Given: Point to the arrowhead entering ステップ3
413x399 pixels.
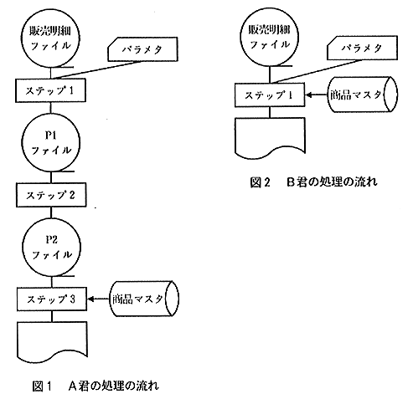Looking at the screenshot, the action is click(x=90, y=299).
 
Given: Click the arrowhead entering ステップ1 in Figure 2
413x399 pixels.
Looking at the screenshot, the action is click(x=308, y=95).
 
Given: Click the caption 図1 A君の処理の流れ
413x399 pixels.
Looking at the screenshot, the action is click(x=96, y=386).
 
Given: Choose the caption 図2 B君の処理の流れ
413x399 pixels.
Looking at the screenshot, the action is click(x=313, y=182).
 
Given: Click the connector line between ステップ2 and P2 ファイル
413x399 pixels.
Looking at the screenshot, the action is click(x=51, y=212).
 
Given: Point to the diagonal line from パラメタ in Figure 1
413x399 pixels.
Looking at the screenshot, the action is click(x=97, y=70).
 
